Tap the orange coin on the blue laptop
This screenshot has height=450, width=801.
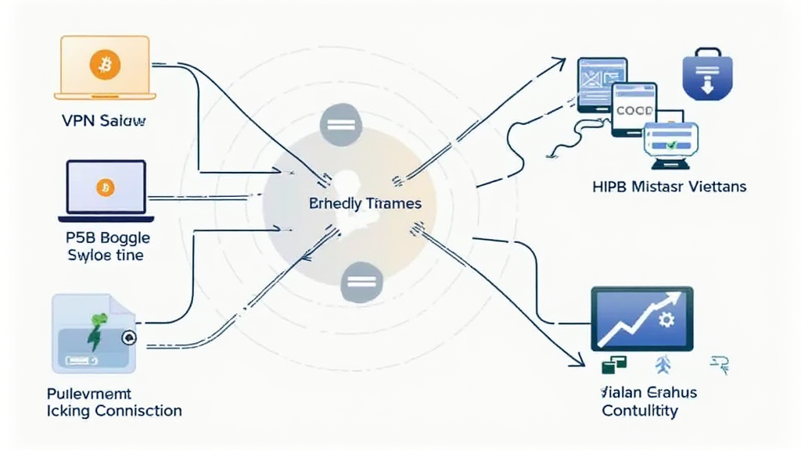click(x=105, y=187)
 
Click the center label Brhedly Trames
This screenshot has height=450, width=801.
click(x=365, y=204)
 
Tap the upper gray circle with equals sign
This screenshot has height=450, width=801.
click(x=339, y=124)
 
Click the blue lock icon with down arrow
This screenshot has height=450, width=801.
click(x=706, y=79)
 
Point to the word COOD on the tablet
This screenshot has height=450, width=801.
click(x=634, y=111)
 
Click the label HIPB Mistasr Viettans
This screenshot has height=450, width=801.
click(x=670, y=187)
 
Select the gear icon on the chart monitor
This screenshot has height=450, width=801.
click(x=667, y=319)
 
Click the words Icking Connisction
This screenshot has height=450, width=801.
click(x=114, y=410)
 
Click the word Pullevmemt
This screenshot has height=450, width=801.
click(x=89, y=393)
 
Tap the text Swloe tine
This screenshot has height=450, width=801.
click(x=106, y=255)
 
